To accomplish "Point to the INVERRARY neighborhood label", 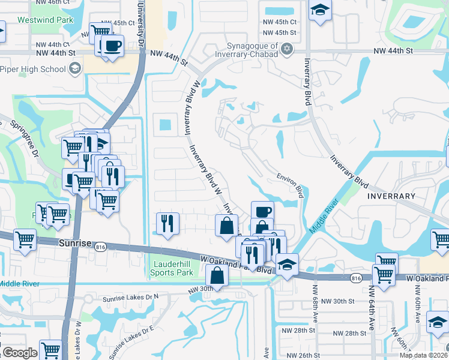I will pos(391,196).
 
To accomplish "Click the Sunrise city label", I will pos(74,243).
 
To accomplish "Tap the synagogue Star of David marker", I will pos(286,49).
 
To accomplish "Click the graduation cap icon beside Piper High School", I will pos(74,69).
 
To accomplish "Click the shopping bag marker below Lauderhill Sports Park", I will pos(217,277).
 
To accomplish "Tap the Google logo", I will pos(20,353).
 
